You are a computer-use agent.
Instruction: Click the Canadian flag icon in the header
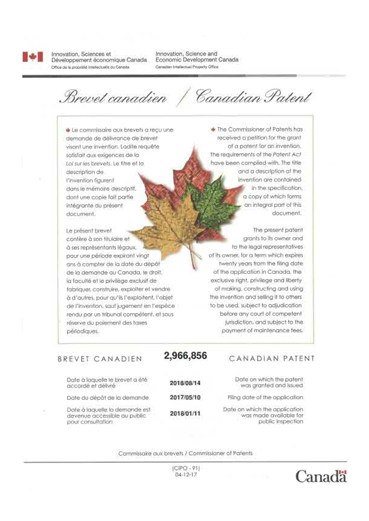(x=33, y=57)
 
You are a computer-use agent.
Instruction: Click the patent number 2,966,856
(x=185, y=356)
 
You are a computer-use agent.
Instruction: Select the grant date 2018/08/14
(x=185, y=383)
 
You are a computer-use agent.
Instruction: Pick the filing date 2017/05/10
(x=185, y=398)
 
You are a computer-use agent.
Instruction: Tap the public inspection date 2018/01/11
(x=185, y=414)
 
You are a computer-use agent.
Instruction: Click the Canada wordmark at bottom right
(x=321, y=476)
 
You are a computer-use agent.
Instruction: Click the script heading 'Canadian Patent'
(x=253, y=98)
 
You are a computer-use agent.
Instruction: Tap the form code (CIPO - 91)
(x=185, y=468)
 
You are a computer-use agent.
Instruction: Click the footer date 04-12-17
(x=185, y=474)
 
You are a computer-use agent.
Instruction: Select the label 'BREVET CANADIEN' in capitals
(x=100, y=359)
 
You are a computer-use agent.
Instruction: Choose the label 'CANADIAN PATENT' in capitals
(x=272, y=359)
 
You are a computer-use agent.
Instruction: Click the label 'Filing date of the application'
(x=265, y=397)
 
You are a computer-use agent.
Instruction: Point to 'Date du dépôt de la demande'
(x=102, y=398)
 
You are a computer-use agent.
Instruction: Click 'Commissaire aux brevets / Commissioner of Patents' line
(x=185, y=453)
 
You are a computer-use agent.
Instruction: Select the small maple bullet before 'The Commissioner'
(x=212, y=130)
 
